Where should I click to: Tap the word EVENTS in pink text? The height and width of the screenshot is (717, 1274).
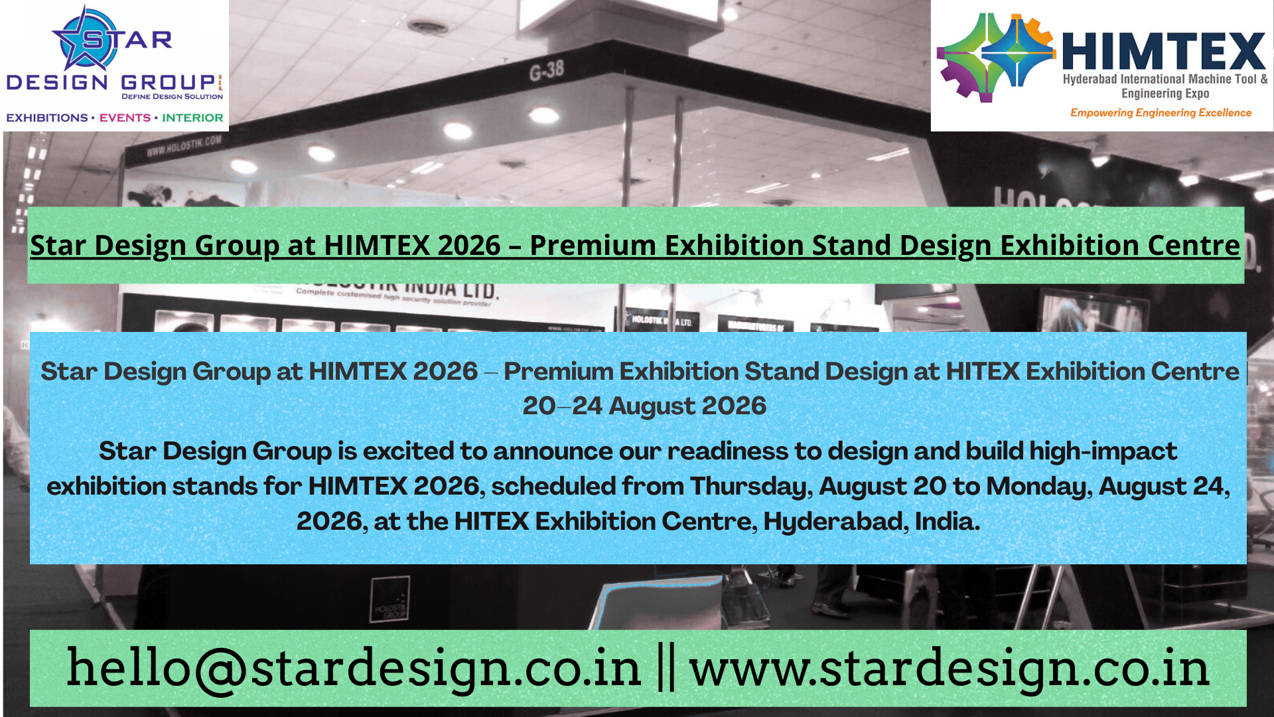(x=125, y=118)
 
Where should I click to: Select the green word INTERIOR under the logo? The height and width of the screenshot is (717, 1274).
(x=192, y=118)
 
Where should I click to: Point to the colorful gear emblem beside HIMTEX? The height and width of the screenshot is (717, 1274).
(x=995, y=58)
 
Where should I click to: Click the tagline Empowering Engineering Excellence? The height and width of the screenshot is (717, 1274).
(x=1161, y=113)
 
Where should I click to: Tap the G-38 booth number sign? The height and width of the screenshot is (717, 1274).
(x=546, y=70)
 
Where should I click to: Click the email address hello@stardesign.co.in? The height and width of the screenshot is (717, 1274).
(x=354, y=669)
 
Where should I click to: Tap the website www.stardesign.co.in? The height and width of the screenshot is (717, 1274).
(x=950, y=669)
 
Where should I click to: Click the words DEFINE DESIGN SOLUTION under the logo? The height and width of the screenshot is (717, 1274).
(x=172, y=97)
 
